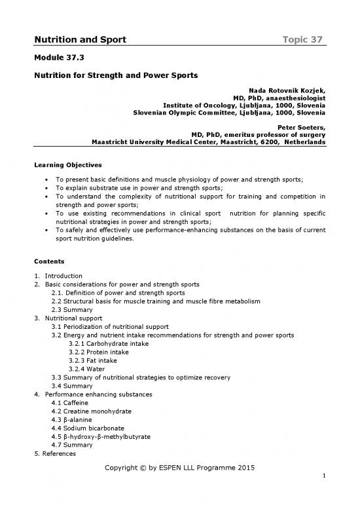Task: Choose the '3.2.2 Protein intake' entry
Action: (x=98, y=352)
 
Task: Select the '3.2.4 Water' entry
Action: (x=86, y=369)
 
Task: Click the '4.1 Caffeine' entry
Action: (x=73, y=403)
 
